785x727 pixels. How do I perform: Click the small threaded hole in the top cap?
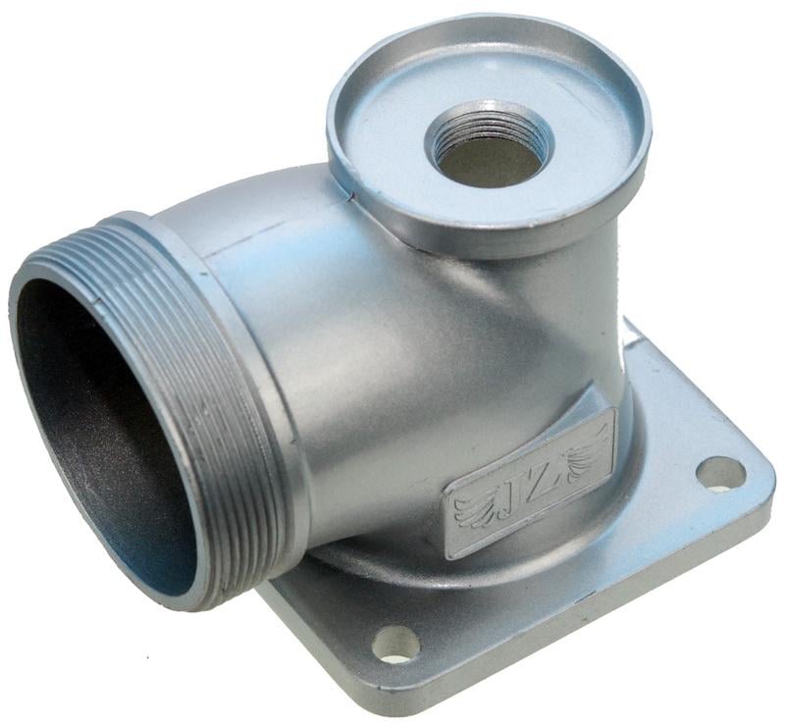click(489, 143)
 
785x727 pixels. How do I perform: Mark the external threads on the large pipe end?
click(200, 400)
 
